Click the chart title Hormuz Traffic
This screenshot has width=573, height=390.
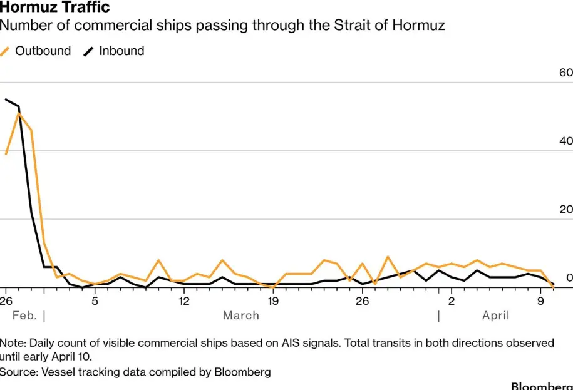point(56,8)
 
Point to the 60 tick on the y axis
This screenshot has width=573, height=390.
point(565,73)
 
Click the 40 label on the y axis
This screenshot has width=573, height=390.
point(565,141)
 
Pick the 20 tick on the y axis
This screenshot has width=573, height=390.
point(565,210)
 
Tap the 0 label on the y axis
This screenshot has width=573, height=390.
point(569,277)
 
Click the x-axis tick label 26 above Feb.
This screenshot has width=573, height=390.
point(6,301)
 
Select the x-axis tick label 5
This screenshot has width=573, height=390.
point(94,301)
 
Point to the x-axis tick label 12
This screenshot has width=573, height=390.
point(183,301)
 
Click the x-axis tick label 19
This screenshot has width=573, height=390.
point(272,301)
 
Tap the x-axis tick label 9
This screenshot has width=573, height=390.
point(540,301)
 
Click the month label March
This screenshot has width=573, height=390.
point(241,316)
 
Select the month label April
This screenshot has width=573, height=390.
point(495,316)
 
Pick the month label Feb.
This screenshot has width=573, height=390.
point(24,316)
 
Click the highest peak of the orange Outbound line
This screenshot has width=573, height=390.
point(19,113)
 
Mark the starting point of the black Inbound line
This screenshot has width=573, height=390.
point(6,99)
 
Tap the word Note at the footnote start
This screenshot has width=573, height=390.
point(13,343)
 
